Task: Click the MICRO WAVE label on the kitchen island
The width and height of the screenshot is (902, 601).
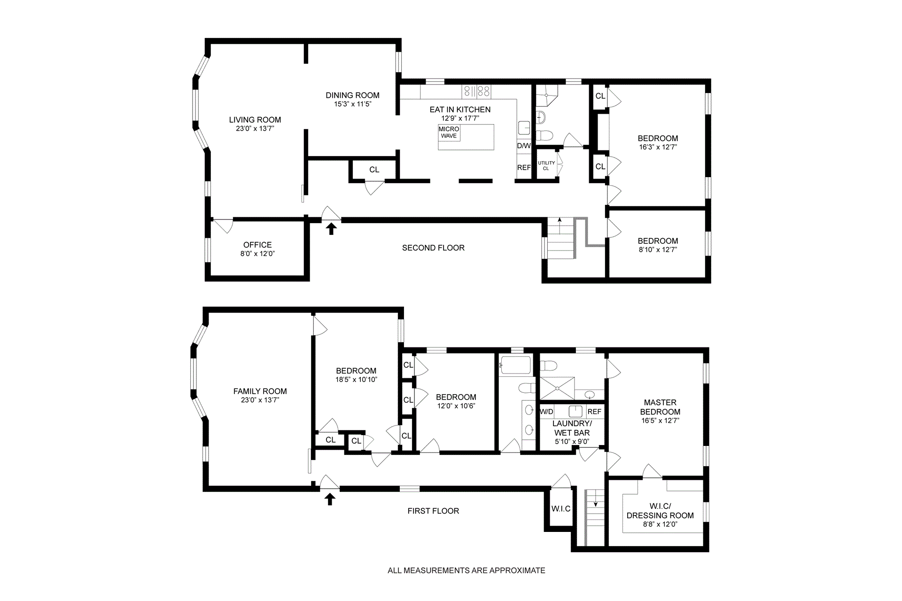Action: (449, 132)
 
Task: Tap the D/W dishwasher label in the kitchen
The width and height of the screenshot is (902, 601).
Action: (524, 146)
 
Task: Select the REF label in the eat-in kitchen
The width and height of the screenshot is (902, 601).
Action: (524, 167)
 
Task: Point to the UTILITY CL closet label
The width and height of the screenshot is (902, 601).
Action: (546, 165)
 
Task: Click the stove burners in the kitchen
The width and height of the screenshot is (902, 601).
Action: (476, 91)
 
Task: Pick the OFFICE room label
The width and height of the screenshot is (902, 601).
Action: (257, 245)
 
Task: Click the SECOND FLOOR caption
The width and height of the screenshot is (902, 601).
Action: (433, 248)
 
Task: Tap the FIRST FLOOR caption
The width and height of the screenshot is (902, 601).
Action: (433, 511)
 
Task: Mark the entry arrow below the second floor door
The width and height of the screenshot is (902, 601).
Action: (331, 229)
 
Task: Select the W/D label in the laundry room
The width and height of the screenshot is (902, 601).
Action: (547, 412)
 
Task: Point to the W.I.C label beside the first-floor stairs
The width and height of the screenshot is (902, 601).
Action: (561, 509)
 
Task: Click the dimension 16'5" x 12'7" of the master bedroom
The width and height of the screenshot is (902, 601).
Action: (660, 421)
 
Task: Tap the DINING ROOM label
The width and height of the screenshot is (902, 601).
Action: (352, 95)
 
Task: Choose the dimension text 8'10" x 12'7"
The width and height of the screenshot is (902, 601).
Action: (658, 250)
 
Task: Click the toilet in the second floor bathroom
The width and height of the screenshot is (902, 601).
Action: (544, 136)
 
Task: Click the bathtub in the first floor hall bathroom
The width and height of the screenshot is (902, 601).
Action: (515, 365)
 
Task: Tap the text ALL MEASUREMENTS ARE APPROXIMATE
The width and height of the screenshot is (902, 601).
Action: (467, 570)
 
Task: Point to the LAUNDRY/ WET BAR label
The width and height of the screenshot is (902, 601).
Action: (572, 428)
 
